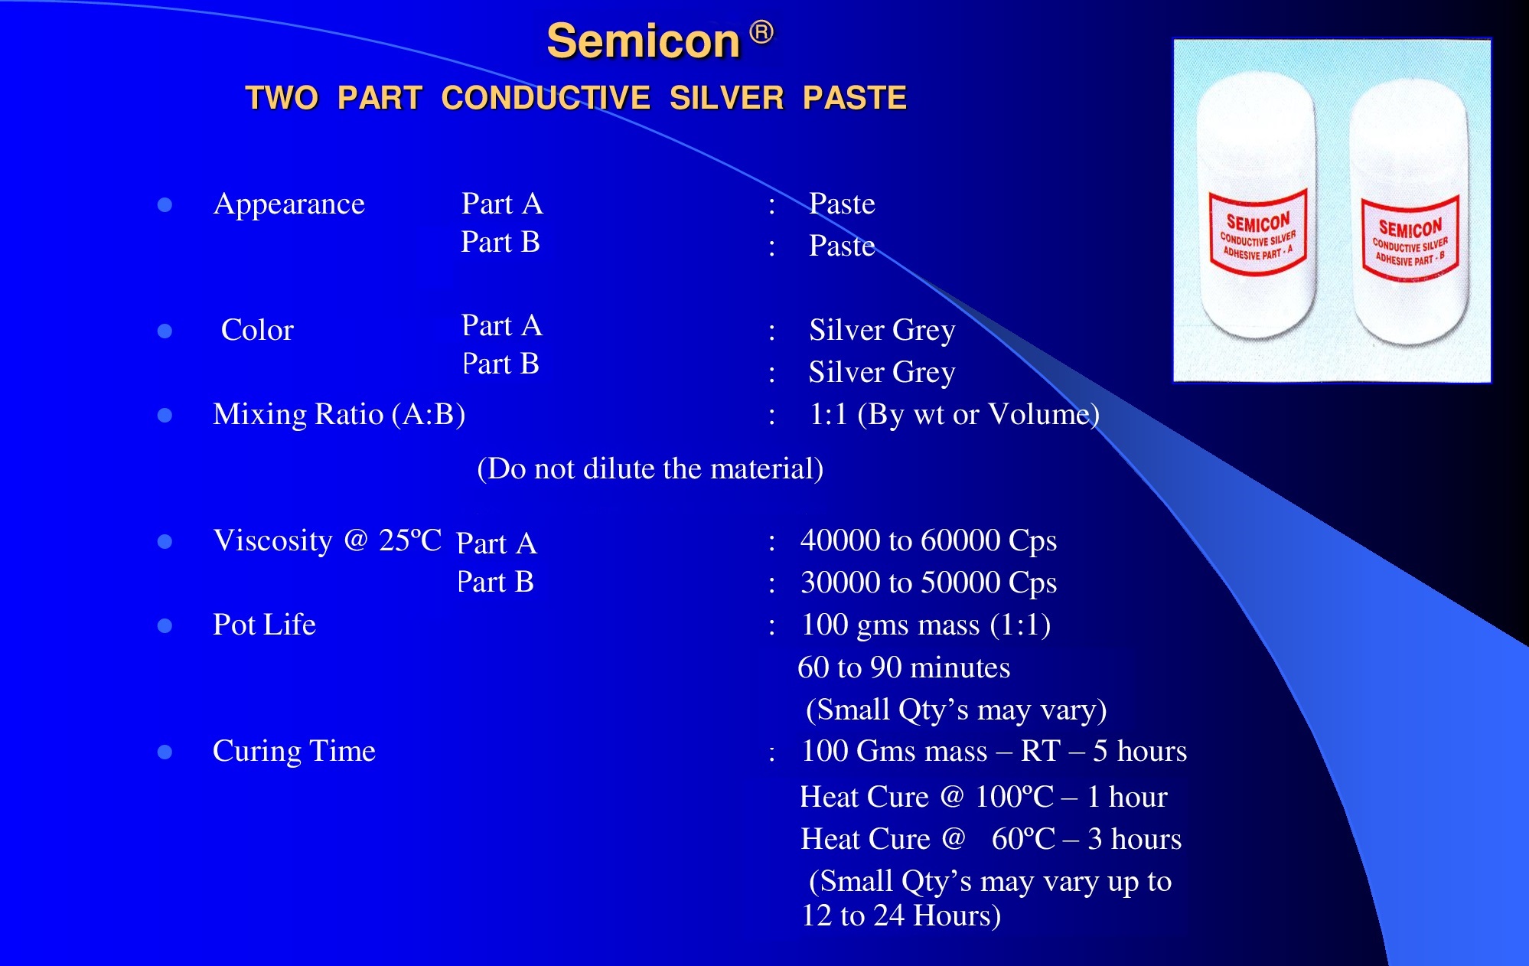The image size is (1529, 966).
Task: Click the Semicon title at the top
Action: tap(644, 41)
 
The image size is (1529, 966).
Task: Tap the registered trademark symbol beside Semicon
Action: tap(761, 32)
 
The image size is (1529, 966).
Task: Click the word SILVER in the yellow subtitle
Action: tap(726, 98)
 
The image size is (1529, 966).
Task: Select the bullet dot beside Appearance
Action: tap(165, 205)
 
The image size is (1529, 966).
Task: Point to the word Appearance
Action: tap(289, 204)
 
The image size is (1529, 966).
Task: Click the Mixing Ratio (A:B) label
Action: tap(339, 414)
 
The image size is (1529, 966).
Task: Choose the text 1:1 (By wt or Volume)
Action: tap(954, 414)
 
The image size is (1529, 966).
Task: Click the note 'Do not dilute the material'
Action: tap(650, 468)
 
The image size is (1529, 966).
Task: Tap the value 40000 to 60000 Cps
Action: tap(928, 540)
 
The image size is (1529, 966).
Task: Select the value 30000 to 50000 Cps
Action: tap(928, 583)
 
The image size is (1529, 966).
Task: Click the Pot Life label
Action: tap(264, 625)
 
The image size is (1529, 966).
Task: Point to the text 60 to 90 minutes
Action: tap(904, 667)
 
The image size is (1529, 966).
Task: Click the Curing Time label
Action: tap(294, 751)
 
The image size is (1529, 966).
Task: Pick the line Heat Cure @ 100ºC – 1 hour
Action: tap(983, 797)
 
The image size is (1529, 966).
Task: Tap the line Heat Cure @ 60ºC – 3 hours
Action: tap(991, 839)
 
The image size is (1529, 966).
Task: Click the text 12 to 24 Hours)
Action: tap(901, 915)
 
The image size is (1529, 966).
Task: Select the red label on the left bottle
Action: tap(1258, 232)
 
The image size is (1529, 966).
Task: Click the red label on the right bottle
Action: tap(1410, 239)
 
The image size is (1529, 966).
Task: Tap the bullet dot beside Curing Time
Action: tap(165, 752)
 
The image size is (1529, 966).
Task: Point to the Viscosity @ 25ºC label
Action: tap(328, 540)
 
